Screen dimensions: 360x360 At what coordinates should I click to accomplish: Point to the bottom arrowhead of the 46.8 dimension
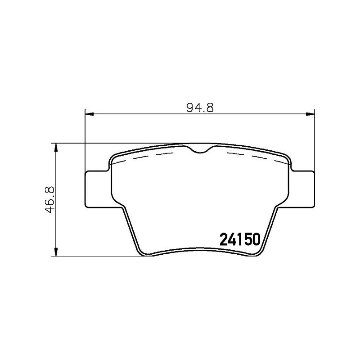[x=55, y=253]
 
